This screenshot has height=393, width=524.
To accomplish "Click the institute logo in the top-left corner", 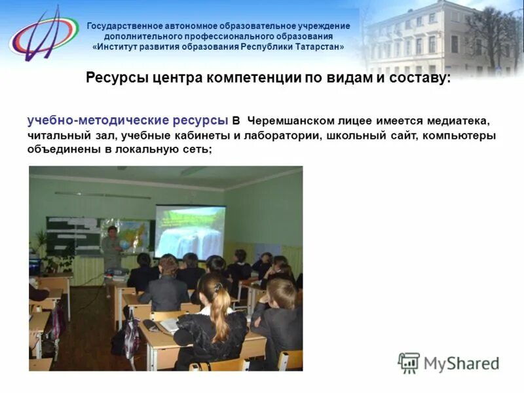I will (43, 33).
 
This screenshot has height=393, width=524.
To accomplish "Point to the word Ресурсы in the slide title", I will (112, 78).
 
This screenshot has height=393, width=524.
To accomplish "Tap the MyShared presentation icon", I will (409, 363).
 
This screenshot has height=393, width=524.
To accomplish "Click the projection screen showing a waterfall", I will (190, 231).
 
